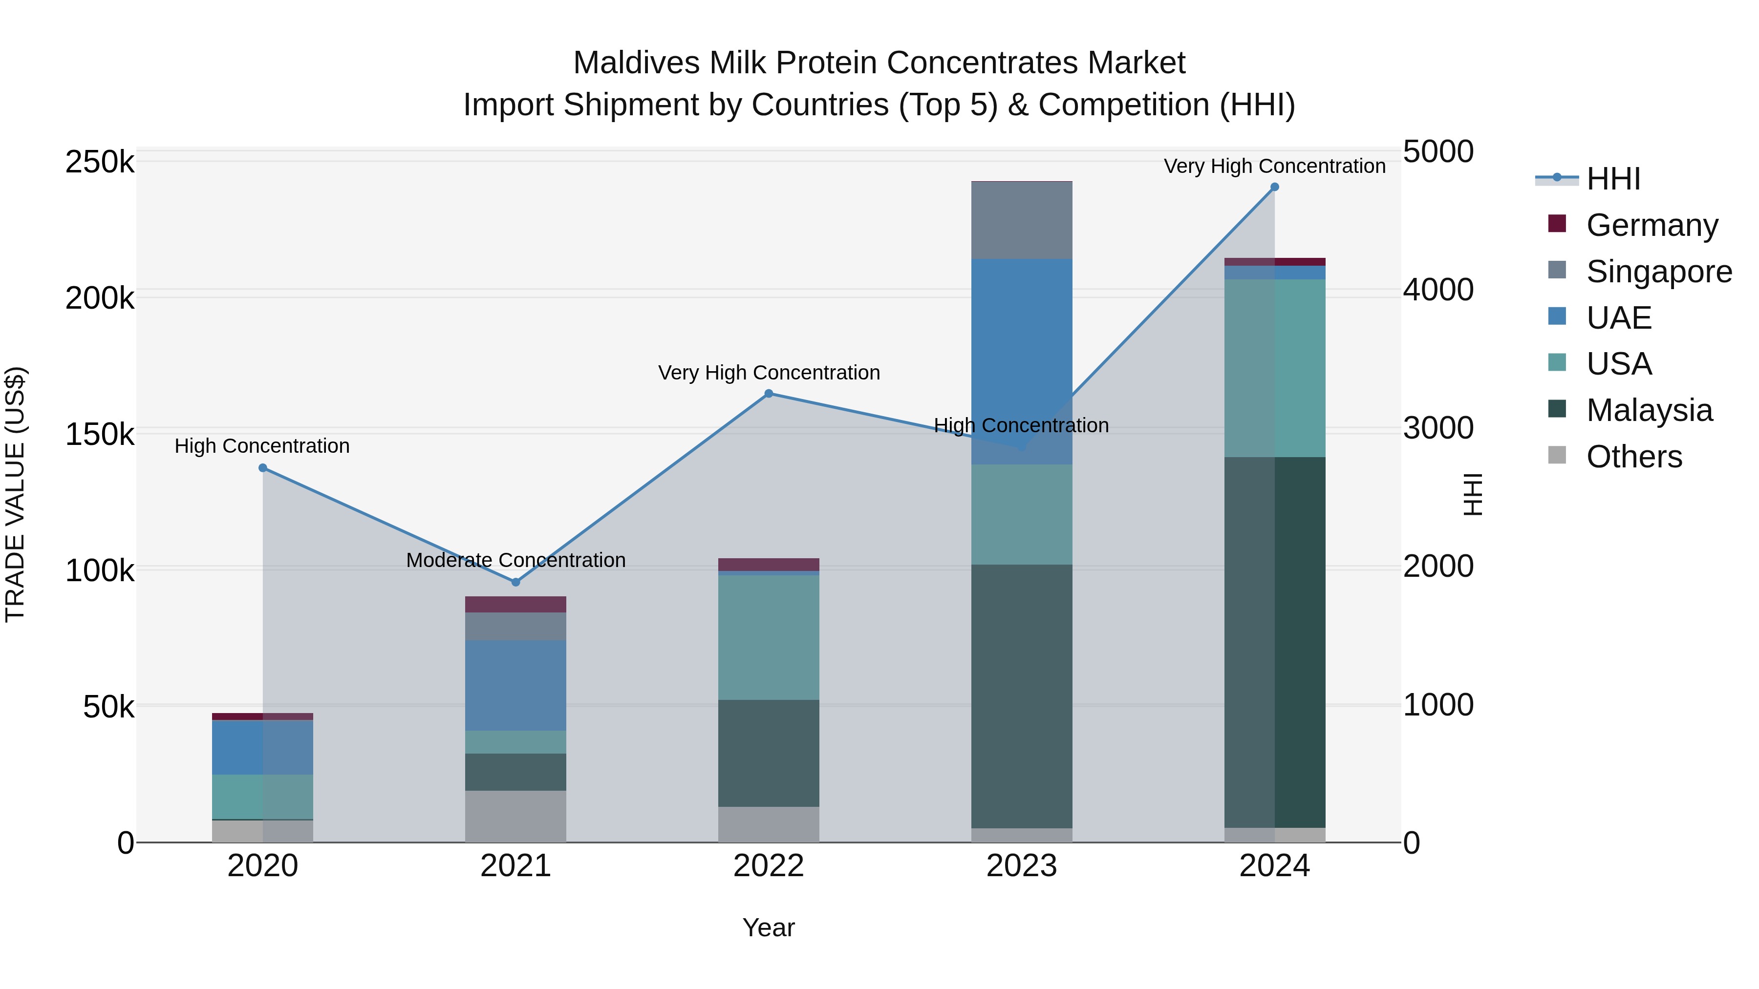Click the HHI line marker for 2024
[x=1274, y=187]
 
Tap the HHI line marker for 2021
[x=515, y=582]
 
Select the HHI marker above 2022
[x=768, y=393]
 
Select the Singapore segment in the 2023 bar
[x=1022, y=220]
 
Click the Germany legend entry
[x=1651, y=225]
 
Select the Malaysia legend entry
[x=1649, y=410]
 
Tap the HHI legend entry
[x=1612, y=179]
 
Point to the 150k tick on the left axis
[x=100, y=435]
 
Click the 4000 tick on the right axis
[x=1438, y=290]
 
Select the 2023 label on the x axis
[x=1022, y=866]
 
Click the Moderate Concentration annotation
[x=515, y=560]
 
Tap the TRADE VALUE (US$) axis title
[x=16, y=494]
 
